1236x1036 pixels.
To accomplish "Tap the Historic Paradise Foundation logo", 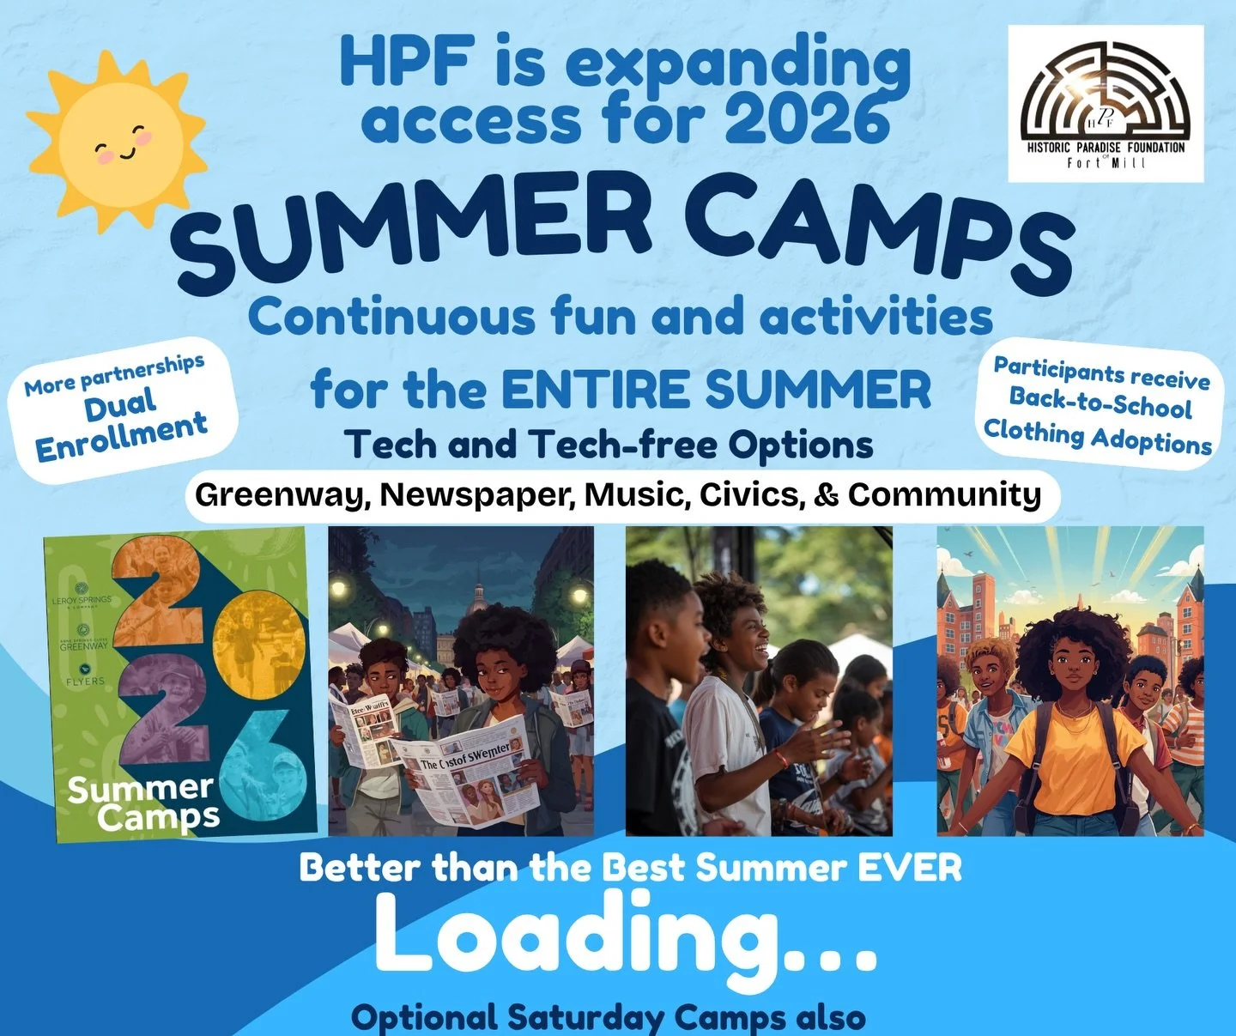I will pyautogui.click(x=1106, y=103).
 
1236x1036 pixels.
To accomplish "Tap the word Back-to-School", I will pyautogui.click(x=1100, y=403).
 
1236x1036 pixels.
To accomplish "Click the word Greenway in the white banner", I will pyautogui.click(x=282, y=495).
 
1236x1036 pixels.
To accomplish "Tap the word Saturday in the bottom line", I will pyautogui.click(x=585, y=1018).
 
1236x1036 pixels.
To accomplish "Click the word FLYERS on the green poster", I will pyautogui.click(x=85, y=682).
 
